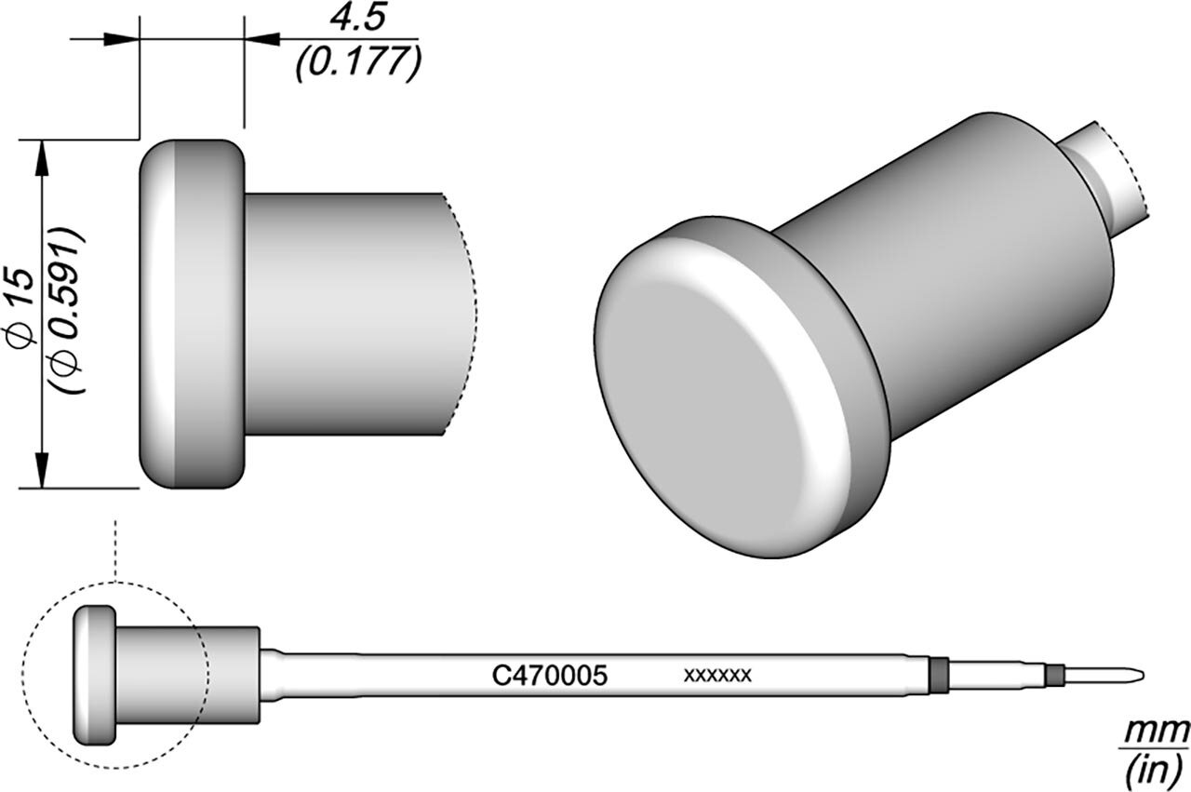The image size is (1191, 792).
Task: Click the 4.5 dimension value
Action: click(x=357, y=20)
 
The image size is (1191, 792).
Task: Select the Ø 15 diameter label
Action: click(x=22, y=308)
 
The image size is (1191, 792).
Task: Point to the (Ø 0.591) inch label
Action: click(x=68, y=311)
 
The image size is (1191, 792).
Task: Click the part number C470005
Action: click(x=549, y=676)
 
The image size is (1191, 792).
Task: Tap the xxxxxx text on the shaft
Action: click(x=717, y=676)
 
